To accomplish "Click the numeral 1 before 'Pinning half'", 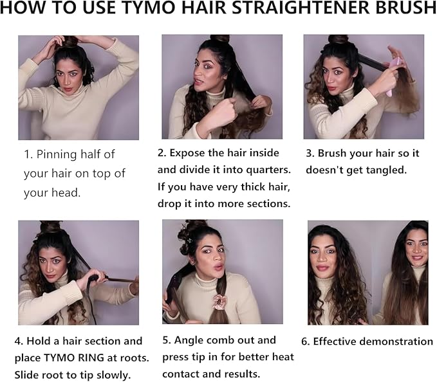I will coord(27,154).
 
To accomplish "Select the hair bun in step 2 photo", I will coord(219,39).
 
